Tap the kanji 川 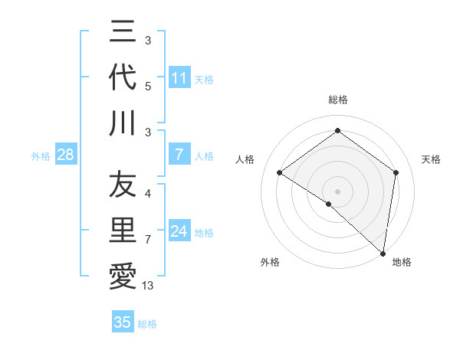[123, 123]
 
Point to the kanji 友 [123, 185]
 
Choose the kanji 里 [123, 231]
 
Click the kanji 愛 [123, 277]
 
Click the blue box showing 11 [179, 78]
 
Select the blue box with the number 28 [65, 155]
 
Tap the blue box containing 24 [179, 232]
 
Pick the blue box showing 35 [123, 322]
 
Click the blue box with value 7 [179, 155]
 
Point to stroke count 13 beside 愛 [148, 286]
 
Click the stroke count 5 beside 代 [148, 86]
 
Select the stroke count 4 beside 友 [148, 194]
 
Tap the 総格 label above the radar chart [337, 100]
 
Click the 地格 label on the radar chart [402, 262]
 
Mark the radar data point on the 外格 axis [328, 204]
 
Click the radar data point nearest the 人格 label [280, 172]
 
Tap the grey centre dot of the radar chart [337, 191]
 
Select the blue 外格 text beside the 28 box [41, 156]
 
